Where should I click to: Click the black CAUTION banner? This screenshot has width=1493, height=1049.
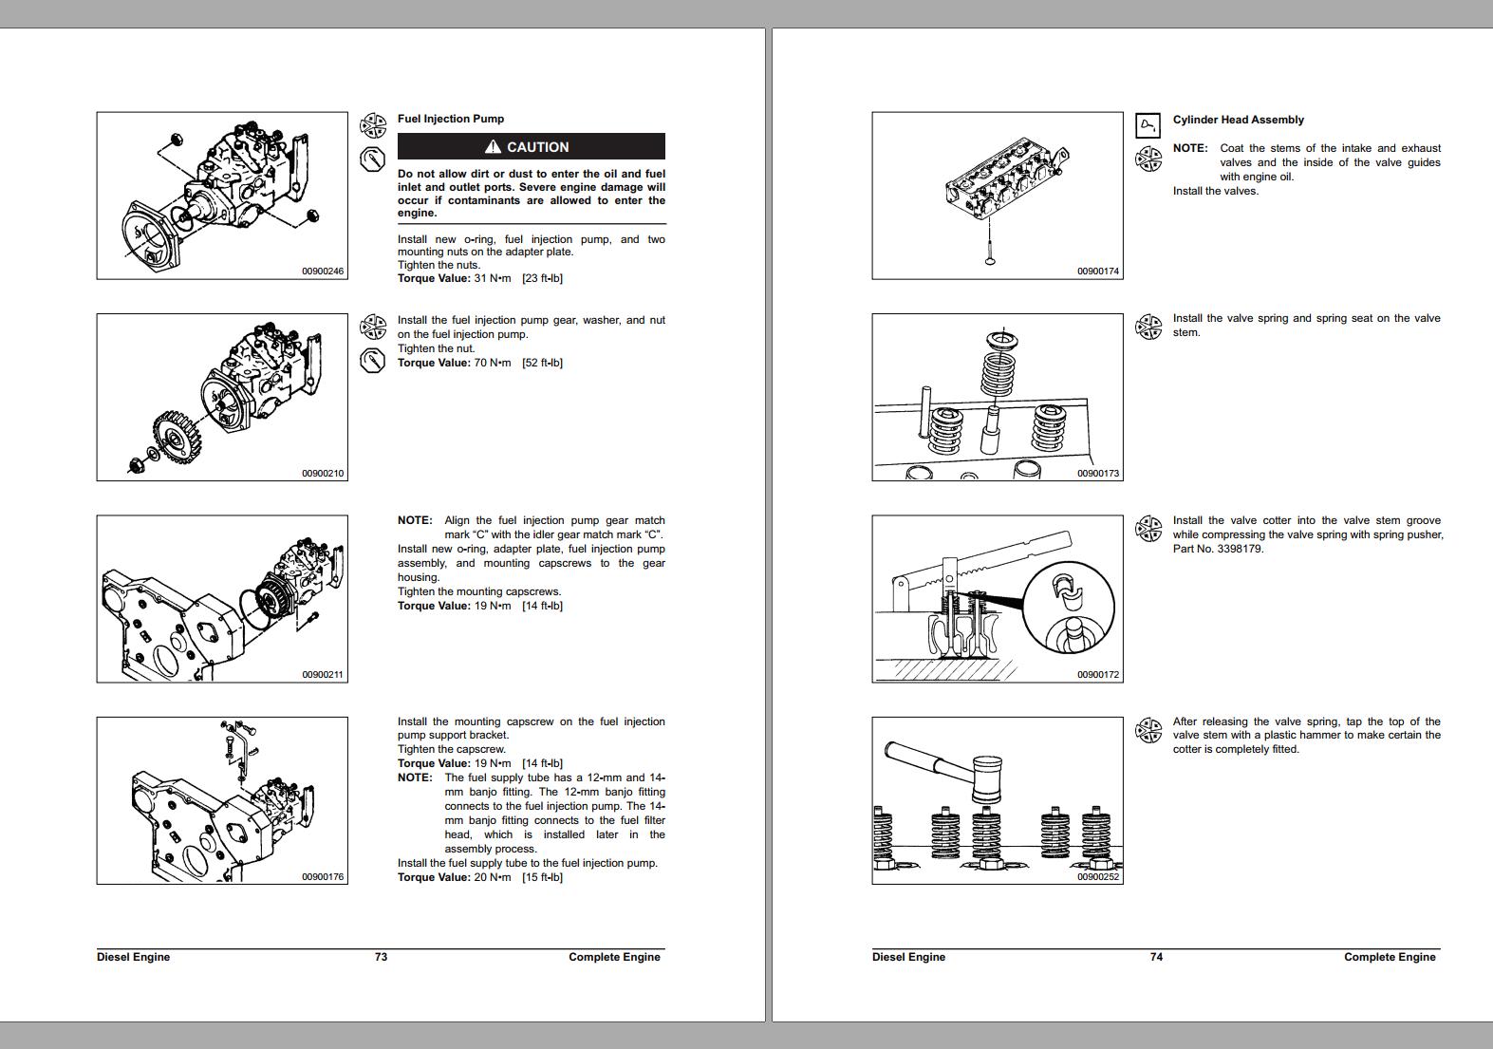point(531,146)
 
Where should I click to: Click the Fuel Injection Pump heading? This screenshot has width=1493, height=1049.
point(450,119)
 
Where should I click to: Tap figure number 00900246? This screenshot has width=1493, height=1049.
point(323,272)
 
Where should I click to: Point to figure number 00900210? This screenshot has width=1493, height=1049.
point(323,473)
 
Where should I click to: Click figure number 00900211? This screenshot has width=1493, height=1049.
point(323,675)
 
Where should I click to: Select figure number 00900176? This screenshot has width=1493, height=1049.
point(323,877)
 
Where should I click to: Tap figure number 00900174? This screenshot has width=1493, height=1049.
point(1098,272)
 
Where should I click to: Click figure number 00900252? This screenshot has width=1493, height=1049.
point(1098,877)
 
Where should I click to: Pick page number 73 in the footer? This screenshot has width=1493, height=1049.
point(381,957)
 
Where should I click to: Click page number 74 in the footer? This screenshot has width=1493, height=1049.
point(1156,957)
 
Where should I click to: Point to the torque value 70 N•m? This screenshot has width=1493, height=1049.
point(492,363)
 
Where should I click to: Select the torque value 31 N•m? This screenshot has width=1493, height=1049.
point(492,278)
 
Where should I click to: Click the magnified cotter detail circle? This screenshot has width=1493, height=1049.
point(1068,608)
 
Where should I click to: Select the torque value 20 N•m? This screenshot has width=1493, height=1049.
point(492,877)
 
